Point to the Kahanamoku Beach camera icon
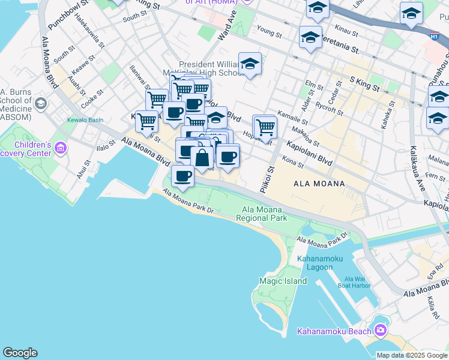pyautogui.click(x=380, y=331)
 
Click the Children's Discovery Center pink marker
pyautogui.click(x=60, y=148)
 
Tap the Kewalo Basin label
pyautogui.click(x=86, y=120)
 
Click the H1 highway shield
pyautogui.click(x=433, y=36)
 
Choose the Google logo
pyautogui.click(x=20, y=353)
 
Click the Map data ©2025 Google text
pyautogui.click(x=411, y=355)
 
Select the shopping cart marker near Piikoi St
pyautogui.click(x=265, y=127)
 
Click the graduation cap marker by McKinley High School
pyautogui.click(x=250, y=64)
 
